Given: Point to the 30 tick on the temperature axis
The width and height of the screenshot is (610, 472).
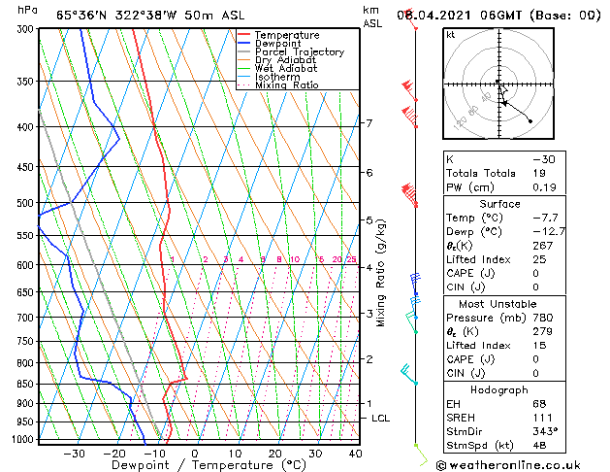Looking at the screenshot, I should (x=315, y=453).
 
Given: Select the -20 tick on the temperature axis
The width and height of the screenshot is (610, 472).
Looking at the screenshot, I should (x=113, y=453).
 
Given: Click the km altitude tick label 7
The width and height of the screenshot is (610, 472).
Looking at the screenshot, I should (x=369, y=123).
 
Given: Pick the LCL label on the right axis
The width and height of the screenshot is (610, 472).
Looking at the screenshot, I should (x=381, y=418).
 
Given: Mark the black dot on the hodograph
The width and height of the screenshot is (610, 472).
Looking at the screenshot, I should (x=530, y=120).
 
